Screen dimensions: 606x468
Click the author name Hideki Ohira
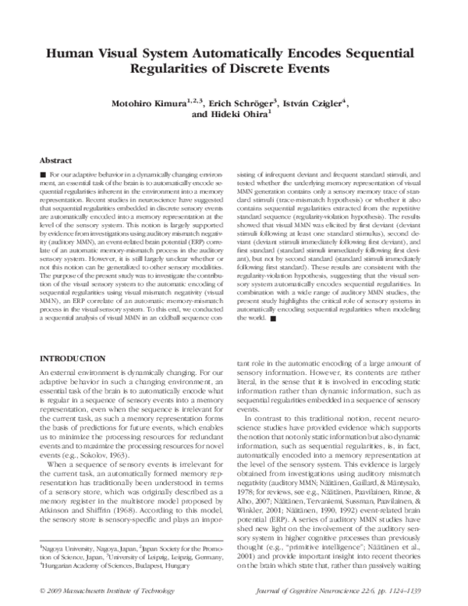click(238, 113)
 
